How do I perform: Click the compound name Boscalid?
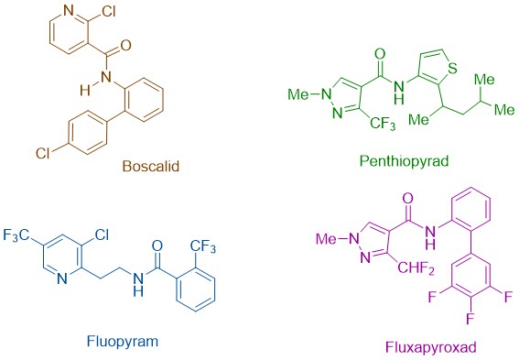click(x=151, y=166)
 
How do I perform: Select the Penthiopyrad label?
click(x=405, y=161)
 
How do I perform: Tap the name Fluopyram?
click(x=123, y=341)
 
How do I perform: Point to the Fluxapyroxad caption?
click(x=431, y=347)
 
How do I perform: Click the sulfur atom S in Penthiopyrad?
click(x=452, y=68)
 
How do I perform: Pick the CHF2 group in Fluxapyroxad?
click(x=416, y=267)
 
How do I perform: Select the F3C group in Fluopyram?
click(x=16, y=235)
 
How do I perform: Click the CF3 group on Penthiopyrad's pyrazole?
click(x=383, y=124)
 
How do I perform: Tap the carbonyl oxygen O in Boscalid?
click(x=125, y=46)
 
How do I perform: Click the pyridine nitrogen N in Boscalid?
click(x=69, y=11)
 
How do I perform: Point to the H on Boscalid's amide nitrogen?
click(x=85, y=90)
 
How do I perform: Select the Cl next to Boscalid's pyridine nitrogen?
click(x=109, y=12)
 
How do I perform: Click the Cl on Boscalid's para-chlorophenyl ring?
click(x=43, y=153)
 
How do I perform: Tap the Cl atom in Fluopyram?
click(x=102, y=235)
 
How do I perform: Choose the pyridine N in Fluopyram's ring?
click(x=62, y=278)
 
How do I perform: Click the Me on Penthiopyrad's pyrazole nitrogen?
click(x=298, y=94)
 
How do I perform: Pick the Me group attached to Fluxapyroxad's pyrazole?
click(x=326, y=238)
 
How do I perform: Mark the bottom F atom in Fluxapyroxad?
click(x=470, y=320)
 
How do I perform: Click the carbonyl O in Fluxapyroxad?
click(x=408, y=199)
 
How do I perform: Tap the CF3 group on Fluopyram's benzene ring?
click(x=203, y=247)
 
